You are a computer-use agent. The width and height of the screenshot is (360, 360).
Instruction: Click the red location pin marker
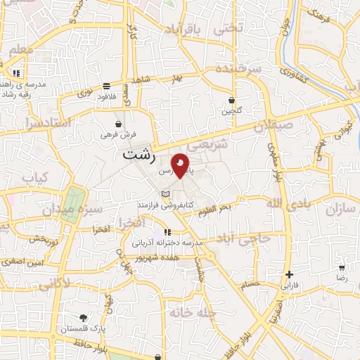click(x=181, y=166)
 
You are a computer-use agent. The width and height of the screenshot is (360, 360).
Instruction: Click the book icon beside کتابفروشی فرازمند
click(x=165, y=194)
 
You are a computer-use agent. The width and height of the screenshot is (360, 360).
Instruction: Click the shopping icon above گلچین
click(x=231, y=101)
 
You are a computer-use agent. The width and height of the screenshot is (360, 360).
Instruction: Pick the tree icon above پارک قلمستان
click(x=83, y=318)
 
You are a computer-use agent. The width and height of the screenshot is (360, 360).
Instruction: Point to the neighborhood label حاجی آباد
click(x=244, y=238)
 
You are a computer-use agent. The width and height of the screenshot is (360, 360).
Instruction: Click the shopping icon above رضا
click(x=342, y=268)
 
